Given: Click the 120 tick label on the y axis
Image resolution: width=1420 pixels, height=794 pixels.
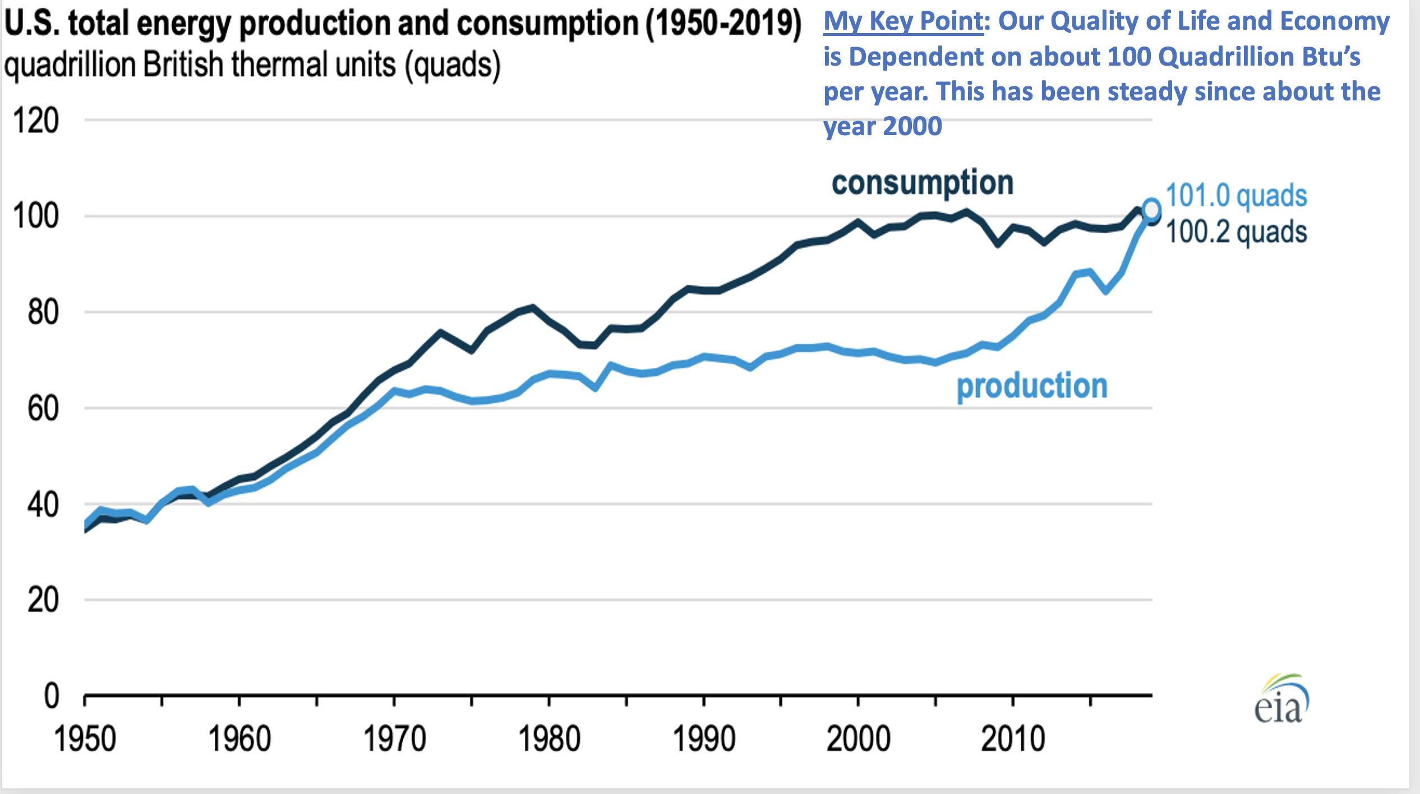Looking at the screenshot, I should click(x=35, y=121).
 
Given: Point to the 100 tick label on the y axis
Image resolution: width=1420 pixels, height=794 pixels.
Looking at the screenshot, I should click(x=35, y=216).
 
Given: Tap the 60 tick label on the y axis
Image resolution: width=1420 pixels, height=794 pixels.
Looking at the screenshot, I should click(x=43, y=408).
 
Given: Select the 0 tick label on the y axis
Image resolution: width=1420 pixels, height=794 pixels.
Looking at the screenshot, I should click(x=52, y=696).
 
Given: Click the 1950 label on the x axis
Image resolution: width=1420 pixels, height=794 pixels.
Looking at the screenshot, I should click(x=85, y=739).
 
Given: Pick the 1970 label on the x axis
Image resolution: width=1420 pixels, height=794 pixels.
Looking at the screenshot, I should click(x=394, y=739).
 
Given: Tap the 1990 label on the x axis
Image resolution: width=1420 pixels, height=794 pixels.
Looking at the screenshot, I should click(x=704, y=739).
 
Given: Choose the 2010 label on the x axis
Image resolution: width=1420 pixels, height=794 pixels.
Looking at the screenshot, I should click(x=1013, y=739).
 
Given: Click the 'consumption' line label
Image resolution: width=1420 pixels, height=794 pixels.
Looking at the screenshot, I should click(x=923, y=183).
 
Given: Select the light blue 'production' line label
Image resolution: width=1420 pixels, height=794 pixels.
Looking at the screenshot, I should click(x=1032, y=386).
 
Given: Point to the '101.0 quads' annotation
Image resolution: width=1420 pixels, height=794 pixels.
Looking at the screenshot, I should click(x=1236, y=196).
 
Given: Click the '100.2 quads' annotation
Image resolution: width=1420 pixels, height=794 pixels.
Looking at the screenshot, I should click(x=1236, y=232).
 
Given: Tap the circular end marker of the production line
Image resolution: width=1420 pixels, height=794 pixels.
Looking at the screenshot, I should click(x=1151, y=210).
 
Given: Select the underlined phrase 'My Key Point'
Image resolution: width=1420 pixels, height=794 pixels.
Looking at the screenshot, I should click(x=903, y=22).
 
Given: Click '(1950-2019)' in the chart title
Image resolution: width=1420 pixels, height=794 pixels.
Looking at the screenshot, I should click(x=723, y=24).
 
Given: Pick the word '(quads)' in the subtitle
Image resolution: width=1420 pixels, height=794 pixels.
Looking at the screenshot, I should click(x=453, y=64).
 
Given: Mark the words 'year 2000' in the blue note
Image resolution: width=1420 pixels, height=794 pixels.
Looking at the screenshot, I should click(x=883, y=126).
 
